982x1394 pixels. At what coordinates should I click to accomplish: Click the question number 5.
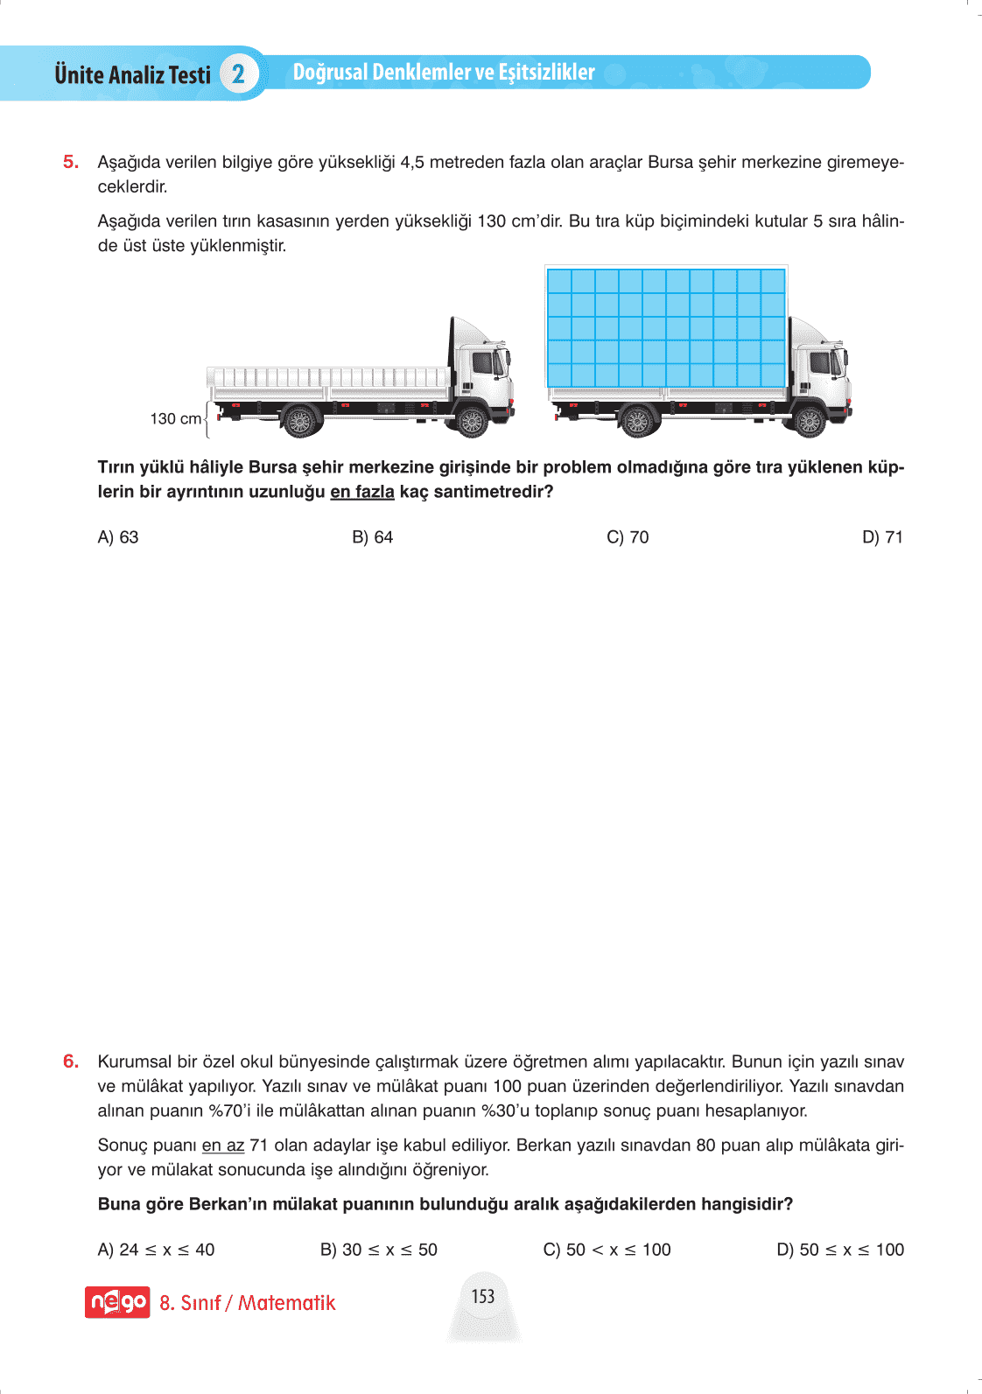point(71,162)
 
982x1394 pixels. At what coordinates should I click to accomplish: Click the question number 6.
point(71,1061)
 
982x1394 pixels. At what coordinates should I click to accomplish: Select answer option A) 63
point(118,537)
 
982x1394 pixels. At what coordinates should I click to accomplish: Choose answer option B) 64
point(373,537)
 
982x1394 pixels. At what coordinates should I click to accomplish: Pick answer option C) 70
point(628,537)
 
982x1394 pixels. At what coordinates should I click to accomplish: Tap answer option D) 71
point(882,537)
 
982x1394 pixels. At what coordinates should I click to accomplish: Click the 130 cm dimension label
point(175,419)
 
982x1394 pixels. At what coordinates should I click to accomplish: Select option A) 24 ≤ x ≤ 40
point(156,1250)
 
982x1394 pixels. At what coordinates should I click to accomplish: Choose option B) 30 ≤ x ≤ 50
point(379,1250)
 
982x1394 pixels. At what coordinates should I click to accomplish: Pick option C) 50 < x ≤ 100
point(607,1250)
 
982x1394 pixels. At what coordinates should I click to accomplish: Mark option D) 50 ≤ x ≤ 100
point(840,1250)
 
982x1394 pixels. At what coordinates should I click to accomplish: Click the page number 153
point(483,1296)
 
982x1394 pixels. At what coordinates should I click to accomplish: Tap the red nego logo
point(117,1302)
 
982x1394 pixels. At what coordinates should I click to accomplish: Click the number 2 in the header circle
point(238,74)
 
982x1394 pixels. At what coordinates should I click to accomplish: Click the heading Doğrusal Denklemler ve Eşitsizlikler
point(444,72)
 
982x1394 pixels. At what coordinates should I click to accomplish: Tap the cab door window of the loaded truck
point(819,362)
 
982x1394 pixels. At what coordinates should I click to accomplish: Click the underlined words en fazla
point(362,492)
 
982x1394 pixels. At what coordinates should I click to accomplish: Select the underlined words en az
point(222,1145)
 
